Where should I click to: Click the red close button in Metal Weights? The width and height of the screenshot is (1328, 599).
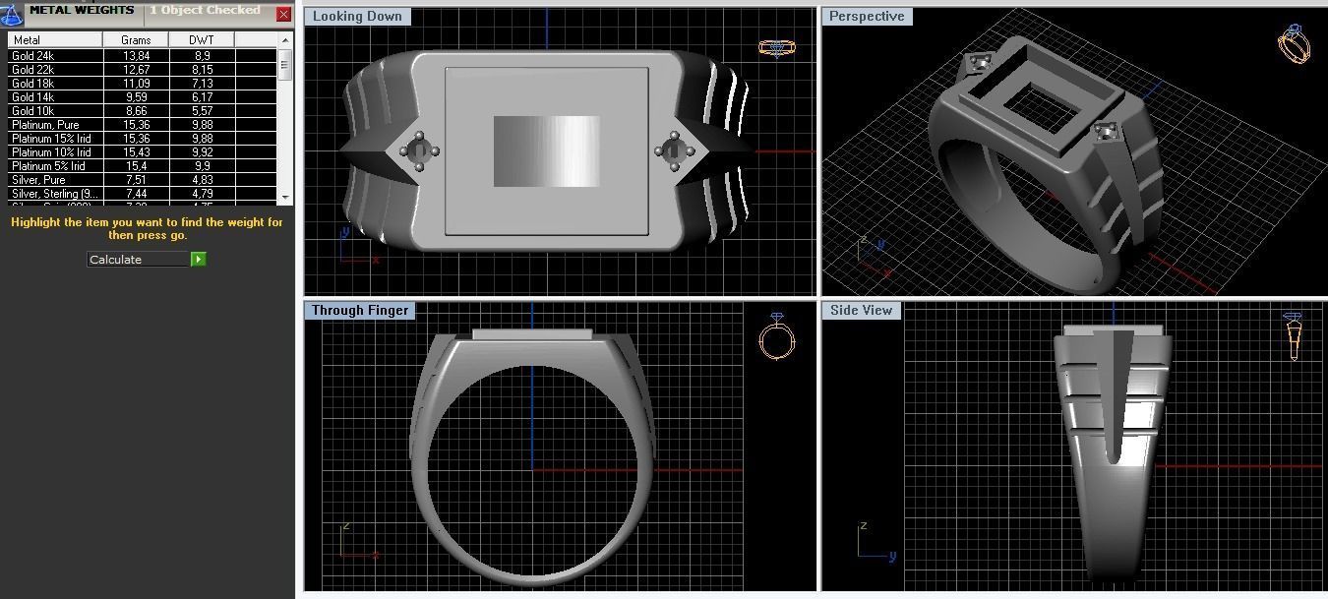(x=283, y=15)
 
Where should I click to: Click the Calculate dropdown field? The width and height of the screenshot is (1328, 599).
(x=138, y=260)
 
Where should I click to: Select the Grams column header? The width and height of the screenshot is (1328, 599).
(x=136, y=40)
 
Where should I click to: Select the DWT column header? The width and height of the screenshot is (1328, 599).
(x=201, y=40)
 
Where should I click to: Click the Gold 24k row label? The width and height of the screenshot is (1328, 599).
(x=33, y=56)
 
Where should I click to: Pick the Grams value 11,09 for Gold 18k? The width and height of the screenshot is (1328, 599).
(x=136, y=84)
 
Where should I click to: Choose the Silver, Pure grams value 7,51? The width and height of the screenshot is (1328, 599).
(x=136, y=180)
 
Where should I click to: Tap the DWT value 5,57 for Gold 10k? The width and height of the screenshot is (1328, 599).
(x=201, y=111)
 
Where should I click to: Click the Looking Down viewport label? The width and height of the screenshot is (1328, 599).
(x=357, y=17)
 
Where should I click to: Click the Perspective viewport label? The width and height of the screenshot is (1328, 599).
(x=867, y=17)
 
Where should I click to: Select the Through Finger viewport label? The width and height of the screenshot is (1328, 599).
(x=359, y=310)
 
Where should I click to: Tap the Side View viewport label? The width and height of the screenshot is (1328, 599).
(x=861, y=310)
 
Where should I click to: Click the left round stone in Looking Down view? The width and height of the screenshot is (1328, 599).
(x=418, y=151)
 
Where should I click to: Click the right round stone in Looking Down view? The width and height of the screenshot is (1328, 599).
(x=674, y=151)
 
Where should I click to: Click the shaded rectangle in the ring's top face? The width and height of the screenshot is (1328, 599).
(x=546, y=151)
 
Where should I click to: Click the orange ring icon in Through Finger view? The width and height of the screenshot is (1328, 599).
(x=776, y=338)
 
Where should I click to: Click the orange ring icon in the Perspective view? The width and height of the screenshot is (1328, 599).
(x=1293, y=43)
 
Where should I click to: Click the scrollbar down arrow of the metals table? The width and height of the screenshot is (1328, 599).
(x=285, y=197)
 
